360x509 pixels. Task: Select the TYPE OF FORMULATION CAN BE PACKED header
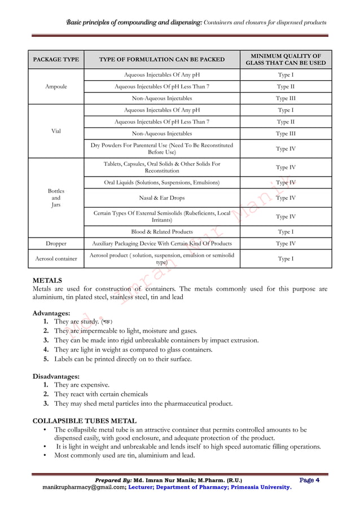[161, 59]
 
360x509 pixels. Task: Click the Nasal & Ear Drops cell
[161, 198]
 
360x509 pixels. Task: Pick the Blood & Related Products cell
[161, 231]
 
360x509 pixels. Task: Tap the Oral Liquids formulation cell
[161, 183]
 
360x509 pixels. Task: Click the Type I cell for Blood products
[286, 231]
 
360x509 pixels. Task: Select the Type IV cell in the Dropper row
[286, 244]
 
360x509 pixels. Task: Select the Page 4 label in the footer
[310, 480]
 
